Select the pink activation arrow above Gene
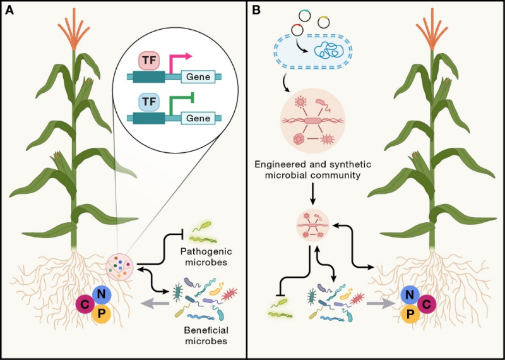tap(182, 60)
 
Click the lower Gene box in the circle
tap(199, 117)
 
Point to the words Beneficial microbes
tap(203, 336)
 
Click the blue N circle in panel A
tap(102, 294)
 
